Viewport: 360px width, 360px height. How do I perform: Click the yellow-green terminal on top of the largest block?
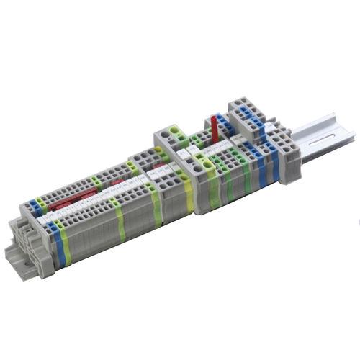click(x=175, y=132)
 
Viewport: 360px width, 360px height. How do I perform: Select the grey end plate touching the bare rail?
click(x=287, y=155)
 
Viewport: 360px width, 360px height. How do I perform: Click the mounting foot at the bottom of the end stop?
click(x=18, y=252)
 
